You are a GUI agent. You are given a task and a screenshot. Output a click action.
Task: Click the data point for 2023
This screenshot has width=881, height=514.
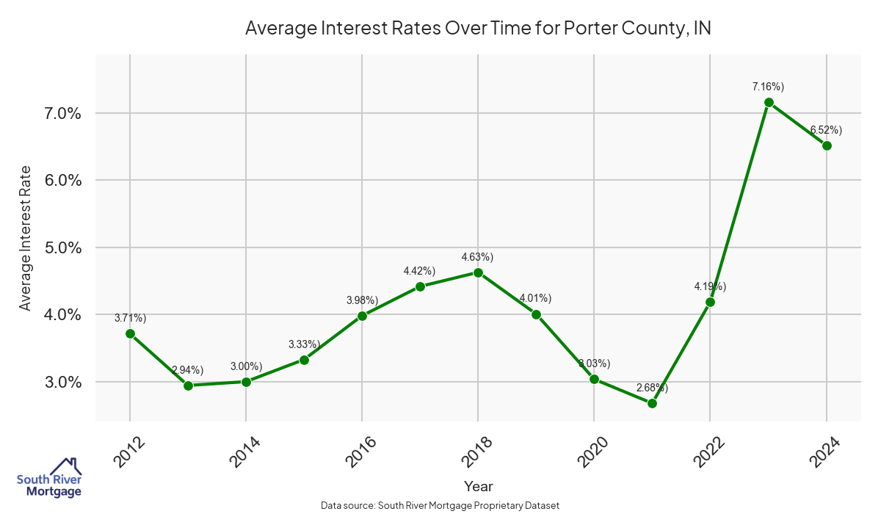click(x=769, y=103)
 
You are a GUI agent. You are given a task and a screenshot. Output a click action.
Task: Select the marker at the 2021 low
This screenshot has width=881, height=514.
click(x=652, y=403)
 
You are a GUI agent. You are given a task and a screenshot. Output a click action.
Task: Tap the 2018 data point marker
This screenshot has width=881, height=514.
click(x=478, y=272)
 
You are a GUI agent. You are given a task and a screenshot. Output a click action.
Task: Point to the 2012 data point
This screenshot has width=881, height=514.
click(x=130, y=333)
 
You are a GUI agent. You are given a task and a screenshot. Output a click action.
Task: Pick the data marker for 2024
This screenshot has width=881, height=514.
click(x=827, y=145)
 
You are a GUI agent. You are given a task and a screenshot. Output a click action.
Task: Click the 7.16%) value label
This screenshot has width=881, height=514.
click(x=768, y=87)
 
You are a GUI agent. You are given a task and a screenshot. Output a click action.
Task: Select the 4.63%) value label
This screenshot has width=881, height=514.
click(x=477, y=257)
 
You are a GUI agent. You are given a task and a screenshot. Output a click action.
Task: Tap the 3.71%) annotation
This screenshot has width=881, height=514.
click(x=131, y=318)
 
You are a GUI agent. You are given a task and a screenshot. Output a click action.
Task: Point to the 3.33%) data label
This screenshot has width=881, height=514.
click(x=304, y=344)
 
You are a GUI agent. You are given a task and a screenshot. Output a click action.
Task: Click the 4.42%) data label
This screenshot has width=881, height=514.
click(x=420, y=271)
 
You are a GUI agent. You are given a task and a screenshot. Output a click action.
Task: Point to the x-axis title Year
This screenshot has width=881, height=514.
click(x=478, y=486)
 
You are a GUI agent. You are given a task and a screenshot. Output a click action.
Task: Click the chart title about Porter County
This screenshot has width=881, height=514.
click(x=478, y=29)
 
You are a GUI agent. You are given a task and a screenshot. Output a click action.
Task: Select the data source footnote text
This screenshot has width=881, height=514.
click(x=440, y=506)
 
